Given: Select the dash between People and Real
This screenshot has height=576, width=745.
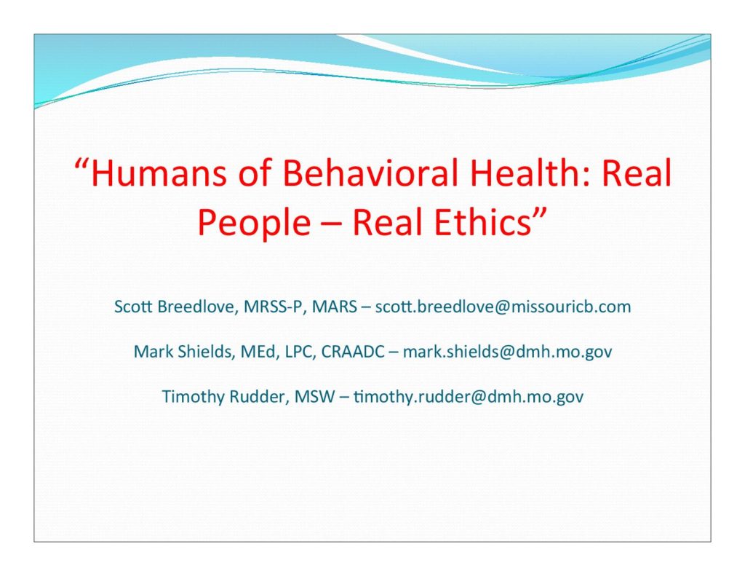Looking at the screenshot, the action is coord(332,224).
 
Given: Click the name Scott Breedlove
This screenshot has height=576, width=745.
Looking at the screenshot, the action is coord(175,307).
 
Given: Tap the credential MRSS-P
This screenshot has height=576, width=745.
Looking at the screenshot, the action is coord(273,307).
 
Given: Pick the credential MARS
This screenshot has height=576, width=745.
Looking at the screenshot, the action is coord(334,307).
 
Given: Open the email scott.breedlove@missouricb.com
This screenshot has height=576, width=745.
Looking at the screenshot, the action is coord(503,307).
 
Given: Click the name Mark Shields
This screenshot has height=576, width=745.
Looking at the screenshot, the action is coord(183,352).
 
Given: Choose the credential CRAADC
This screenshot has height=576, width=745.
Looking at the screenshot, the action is coord(353,352).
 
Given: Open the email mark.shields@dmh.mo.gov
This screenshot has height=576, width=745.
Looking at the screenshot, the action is coord(507,352).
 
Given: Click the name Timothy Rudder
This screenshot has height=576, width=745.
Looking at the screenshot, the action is coord(224,397).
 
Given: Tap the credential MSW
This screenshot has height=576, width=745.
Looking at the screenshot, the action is coord(314,396).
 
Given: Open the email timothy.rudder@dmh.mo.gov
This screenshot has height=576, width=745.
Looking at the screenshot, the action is coord(469,397).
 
